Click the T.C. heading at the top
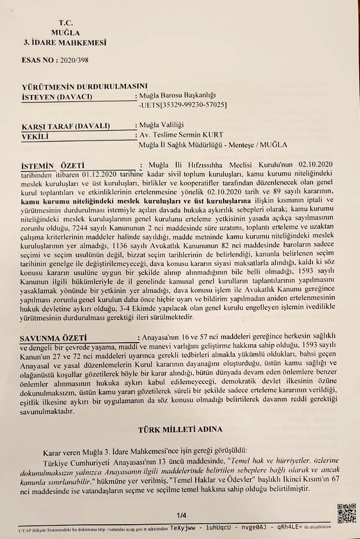coord(65,23)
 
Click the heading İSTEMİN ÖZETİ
coord(53,165)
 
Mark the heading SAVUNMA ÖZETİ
coord(53,337)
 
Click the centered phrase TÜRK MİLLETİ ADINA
coord(180,429)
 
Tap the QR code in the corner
coord(346,513)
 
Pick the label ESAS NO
coord(39,60)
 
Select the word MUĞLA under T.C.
coord(65,33)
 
